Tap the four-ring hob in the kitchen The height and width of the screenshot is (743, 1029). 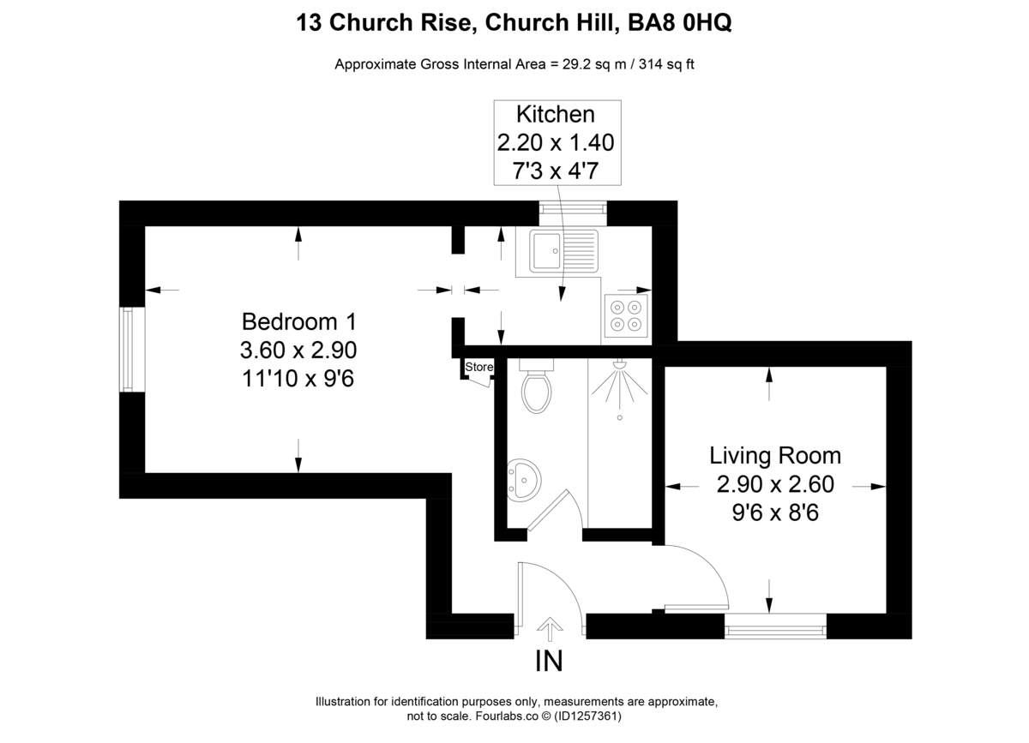625,315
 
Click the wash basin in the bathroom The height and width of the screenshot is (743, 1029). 522,479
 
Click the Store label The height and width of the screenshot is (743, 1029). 479,368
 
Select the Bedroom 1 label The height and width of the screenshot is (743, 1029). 298,322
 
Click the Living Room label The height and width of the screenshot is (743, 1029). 774,455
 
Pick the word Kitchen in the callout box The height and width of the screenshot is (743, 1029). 555,114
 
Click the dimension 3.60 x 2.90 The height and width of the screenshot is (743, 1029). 298,350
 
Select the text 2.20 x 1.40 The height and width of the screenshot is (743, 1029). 555,142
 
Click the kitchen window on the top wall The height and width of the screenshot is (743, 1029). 572,208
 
